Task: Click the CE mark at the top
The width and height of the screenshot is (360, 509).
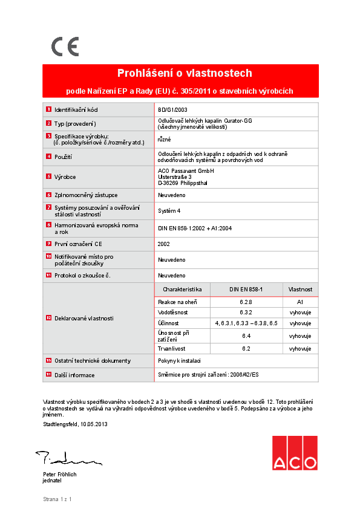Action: (x=65, y=47)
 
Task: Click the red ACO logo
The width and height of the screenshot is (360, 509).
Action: (x=294, y=453)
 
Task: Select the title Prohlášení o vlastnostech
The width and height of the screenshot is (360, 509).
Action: (x=184, y=73)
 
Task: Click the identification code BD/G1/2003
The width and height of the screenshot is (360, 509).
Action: (x=172, y=110)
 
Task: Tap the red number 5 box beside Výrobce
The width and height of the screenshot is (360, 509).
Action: (x=48, y=177)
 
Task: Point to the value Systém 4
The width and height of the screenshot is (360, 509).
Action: (x=169, y=211)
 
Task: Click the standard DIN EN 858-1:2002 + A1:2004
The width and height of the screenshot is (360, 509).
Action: (x=195, y=228)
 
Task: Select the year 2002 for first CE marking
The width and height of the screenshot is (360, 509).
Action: (x=164, y=244)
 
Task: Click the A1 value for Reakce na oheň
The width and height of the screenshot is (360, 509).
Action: (x=299, y=301)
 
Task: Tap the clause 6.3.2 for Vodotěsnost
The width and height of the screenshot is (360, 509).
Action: (x=246, y=312)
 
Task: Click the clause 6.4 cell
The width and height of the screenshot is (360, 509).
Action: (x=246, y=336)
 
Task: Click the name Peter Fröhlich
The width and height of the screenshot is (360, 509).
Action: (x=59, y=475)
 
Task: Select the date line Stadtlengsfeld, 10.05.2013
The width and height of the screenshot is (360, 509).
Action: (x=75, y=424)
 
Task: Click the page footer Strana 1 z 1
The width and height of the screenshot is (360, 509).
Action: (x=57, y=499)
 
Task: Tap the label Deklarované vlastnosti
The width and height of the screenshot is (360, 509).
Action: (x=84, y=318)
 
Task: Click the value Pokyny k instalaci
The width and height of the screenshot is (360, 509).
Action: (x=180, y=360)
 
